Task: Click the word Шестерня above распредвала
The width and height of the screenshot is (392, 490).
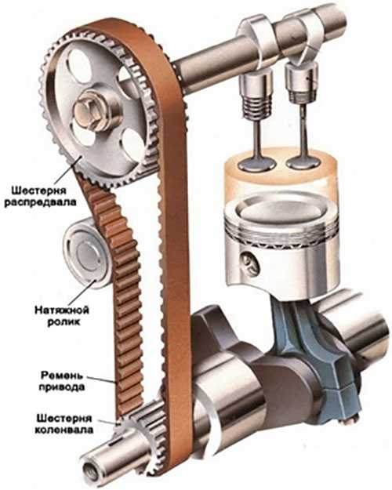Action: click(38, 191)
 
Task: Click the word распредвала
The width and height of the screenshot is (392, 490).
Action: click(40, 202)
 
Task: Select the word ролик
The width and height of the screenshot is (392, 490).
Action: click(64, 322)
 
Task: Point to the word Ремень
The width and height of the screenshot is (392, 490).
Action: click(62, 375)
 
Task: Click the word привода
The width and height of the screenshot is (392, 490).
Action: click(62, 387)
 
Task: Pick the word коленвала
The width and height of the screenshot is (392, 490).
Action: click(64, 430)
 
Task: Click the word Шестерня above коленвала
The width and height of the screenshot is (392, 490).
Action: click(64, 418)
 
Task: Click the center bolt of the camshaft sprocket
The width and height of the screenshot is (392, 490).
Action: click(88, 112)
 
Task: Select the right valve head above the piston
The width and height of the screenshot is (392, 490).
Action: click(303, 162)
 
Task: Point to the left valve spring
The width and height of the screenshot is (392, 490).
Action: click(256, 107)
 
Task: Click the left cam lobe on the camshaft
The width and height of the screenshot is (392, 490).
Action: click(255, 34)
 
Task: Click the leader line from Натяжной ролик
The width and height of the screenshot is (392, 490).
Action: click(84, 292)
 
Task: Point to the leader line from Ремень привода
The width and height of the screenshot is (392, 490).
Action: click(102, 379)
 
